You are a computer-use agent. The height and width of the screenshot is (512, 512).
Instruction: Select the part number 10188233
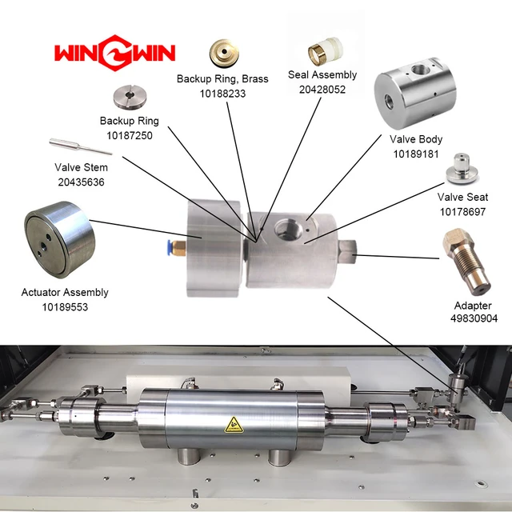coord(222,93)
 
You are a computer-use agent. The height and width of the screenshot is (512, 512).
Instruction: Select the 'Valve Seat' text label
coord(462,197)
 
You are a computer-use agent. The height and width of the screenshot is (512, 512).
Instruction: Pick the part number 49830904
coord(474,318)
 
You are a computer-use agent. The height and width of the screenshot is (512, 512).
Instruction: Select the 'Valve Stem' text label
coord(81,168)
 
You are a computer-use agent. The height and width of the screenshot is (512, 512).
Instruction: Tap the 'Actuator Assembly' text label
coord(65,293)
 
